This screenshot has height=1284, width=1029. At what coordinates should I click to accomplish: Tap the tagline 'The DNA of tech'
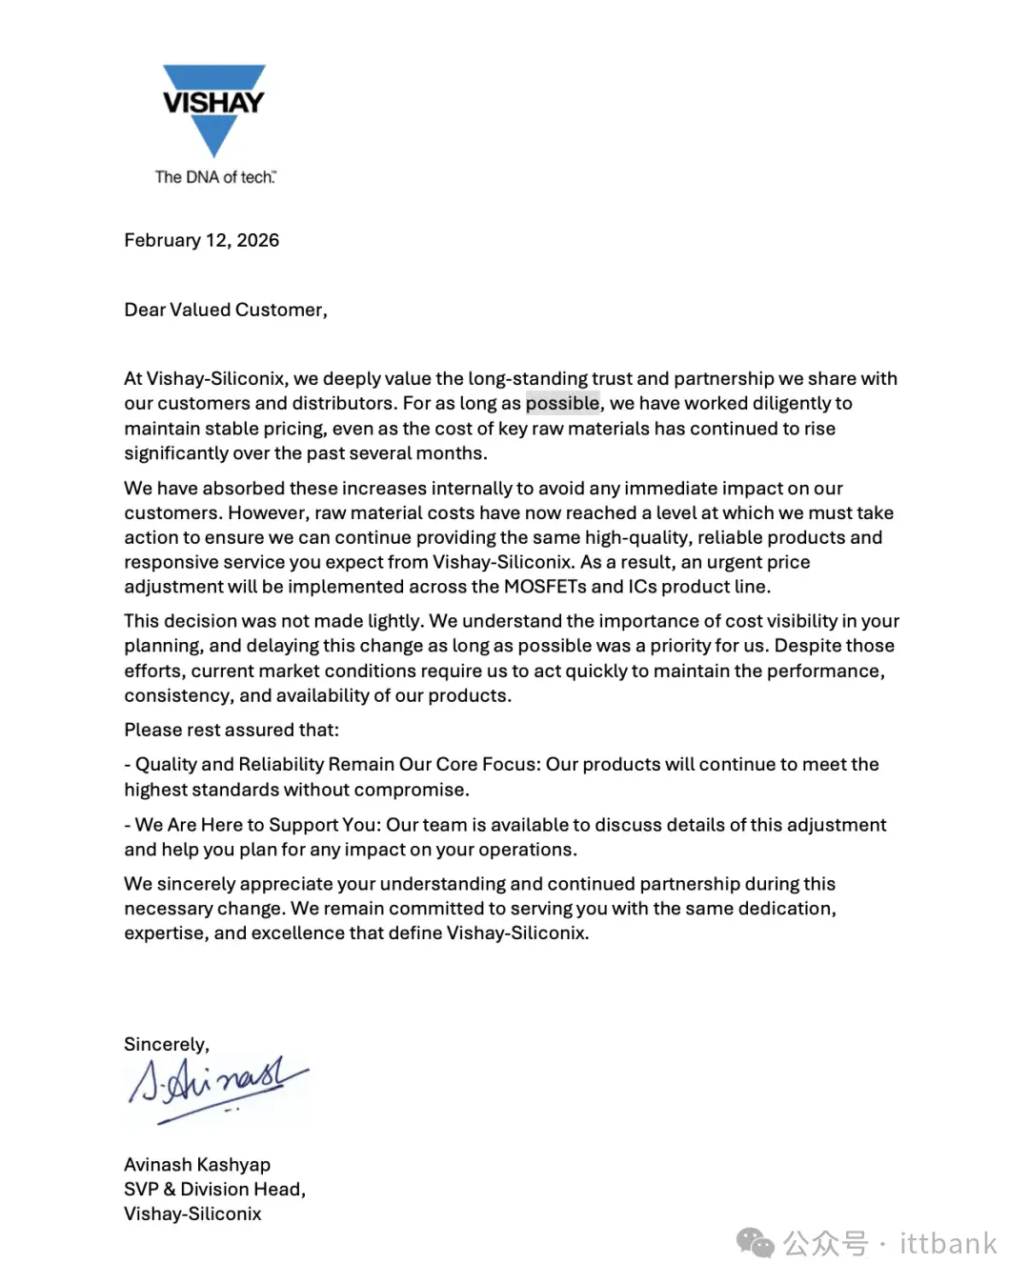(x=215, y=177)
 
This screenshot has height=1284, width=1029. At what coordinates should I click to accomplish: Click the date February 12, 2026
(x=201, y=240)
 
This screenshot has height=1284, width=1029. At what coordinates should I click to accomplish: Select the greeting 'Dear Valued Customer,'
(x=226, y=310)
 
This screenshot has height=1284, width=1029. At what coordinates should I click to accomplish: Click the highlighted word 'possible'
(x=562, y=403)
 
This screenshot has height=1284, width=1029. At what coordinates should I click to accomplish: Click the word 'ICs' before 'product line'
(x=642, y=587)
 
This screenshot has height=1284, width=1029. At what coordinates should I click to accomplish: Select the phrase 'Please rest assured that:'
(x=232, y=730)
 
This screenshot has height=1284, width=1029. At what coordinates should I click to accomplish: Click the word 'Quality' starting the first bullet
(x=165, y=764)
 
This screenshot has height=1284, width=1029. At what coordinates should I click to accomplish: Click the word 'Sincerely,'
(x=167, y=1044)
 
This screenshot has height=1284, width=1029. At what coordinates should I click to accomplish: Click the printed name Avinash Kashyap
(x=197, y=1164)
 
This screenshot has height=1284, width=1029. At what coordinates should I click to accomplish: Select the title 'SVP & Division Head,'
(x=214, y=1189)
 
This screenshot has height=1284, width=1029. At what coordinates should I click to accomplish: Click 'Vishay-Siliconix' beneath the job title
(x=192, y=1214)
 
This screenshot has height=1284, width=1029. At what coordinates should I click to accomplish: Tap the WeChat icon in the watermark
(x=755, y=1243)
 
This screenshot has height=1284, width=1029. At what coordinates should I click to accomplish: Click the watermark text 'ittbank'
(x=948, y=1243)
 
